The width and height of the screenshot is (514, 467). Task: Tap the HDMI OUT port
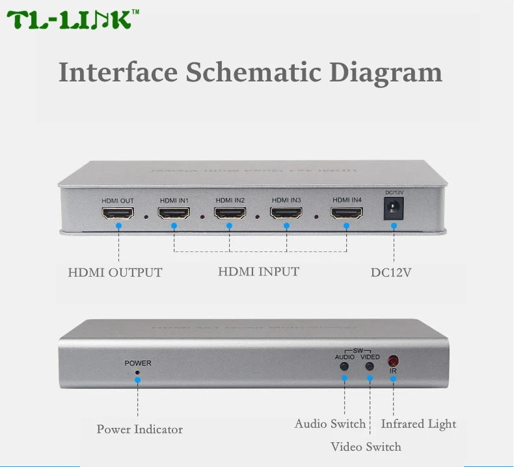click(x=118, y=213)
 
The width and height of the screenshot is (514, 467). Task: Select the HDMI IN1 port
click(x=174, y=213)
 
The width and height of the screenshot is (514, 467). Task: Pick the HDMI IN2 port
click(x=230, y=213)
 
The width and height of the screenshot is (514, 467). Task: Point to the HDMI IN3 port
click(x=287, y=213)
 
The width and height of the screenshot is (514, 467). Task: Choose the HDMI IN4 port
click(x=346, y=213)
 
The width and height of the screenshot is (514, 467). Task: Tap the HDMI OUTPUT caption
click(x=115, y=272)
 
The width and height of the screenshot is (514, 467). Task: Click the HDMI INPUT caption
click(x=258, y=272)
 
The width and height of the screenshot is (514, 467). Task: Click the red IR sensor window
click(x=393, y=360)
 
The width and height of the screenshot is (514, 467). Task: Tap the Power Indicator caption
click(x=139, y=429)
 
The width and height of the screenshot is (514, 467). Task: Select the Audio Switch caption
click(x=330, y=424)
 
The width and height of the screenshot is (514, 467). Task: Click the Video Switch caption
click(x=366, y=447)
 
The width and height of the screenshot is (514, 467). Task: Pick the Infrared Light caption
click(x=418, y=424)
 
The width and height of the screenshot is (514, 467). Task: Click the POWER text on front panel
click(x=138, y=363)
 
